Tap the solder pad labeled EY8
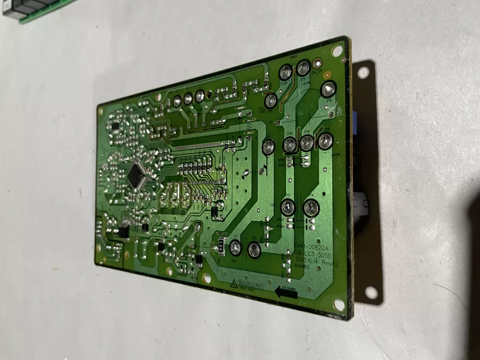[x=328, y=89]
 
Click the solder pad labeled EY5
[x=303, y=68]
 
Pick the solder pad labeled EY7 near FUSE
[x=271, y=100]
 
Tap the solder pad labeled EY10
[x=289, y=144]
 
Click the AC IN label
[x=306, y=84]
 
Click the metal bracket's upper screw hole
[x=363, y=72]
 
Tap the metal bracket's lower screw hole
[x=371, y=292]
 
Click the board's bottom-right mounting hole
[x=339, y=304]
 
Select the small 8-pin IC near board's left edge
[x=124, y=232]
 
